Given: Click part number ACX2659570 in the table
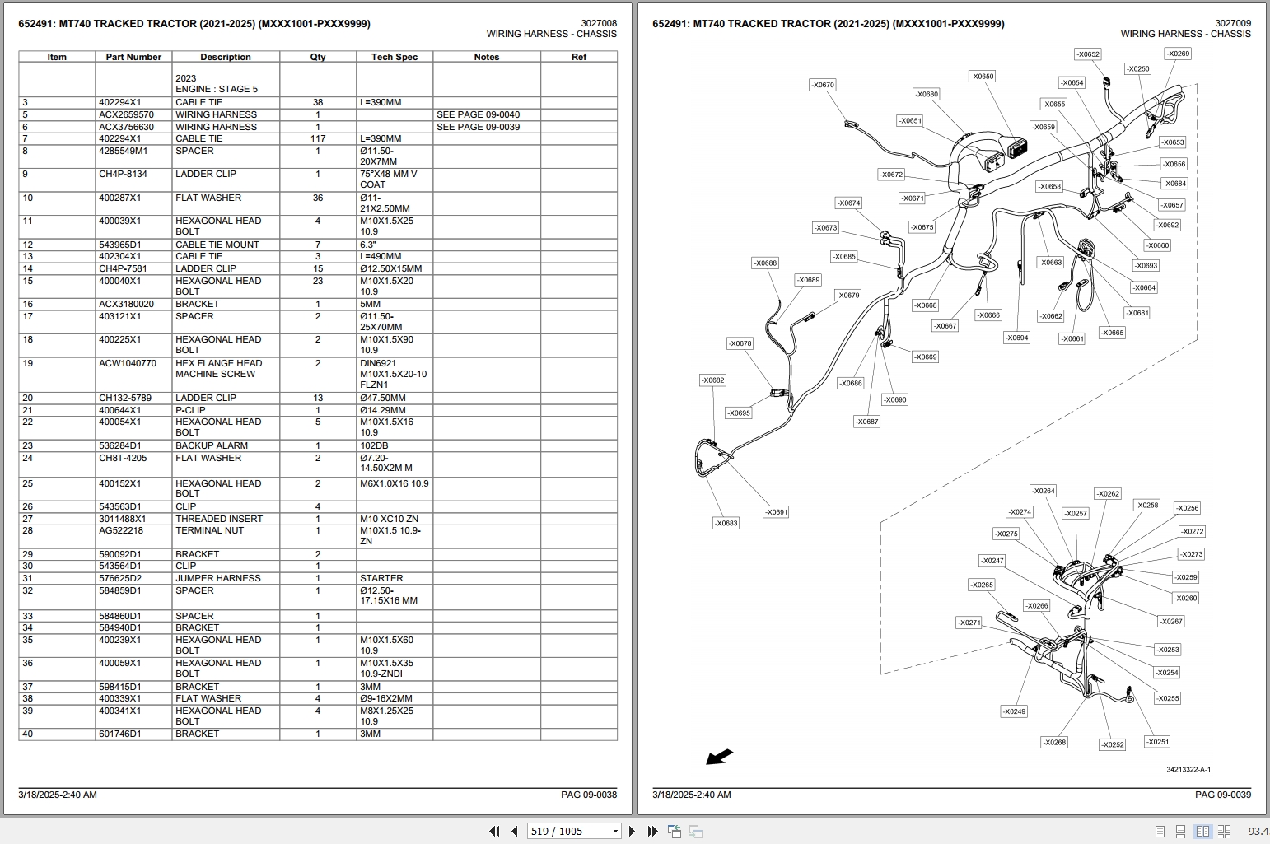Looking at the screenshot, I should click(126, 114).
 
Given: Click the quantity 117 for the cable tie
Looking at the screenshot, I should click(318, 138).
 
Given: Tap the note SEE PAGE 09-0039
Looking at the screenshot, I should click(478, 127).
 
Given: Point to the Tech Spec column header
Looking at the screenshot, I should click(395, 57).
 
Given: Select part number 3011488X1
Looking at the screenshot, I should click(122, 519).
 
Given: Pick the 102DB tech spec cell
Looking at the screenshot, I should click(374, 445).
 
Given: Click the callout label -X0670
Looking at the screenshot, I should click(822, 85).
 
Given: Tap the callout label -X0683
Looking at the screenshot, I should click(726, 523).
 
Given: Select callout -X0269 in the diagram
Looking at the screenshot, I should click(1178, 54).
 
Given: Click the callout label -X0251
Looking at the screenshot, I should click(1157, 742).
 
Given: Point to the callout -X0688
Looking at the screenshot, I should click(765, 263).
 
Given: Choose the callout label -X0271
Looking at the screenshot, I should click(969, 623).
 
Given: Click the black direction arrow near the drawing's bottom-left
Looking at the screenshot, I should click(720, 756).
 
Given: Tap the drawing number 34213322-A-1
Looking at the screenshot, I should click(1188, 770).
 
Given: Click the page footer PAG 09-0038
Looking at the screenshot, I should click(588, 795).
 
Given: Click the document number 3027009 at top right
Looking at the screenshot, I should click(1232, 24).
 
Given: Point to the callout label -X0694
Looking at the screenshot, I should click(1016, 338).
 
